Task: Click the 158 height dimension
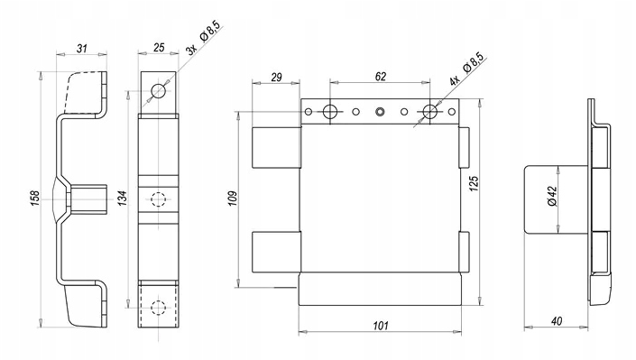[36, 198]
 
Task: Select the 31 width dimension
[82, 49]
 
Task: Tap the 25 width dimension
[159, 48]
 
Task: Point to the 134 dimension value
[124, 198]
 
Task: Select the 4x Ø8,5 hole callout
[467, 69]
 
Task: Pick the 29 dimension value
[276, 77]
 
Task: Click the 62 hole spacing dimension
[381, 77]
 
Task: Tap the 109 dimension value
[234, 198]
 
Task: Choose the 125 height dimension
[475, 183]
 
